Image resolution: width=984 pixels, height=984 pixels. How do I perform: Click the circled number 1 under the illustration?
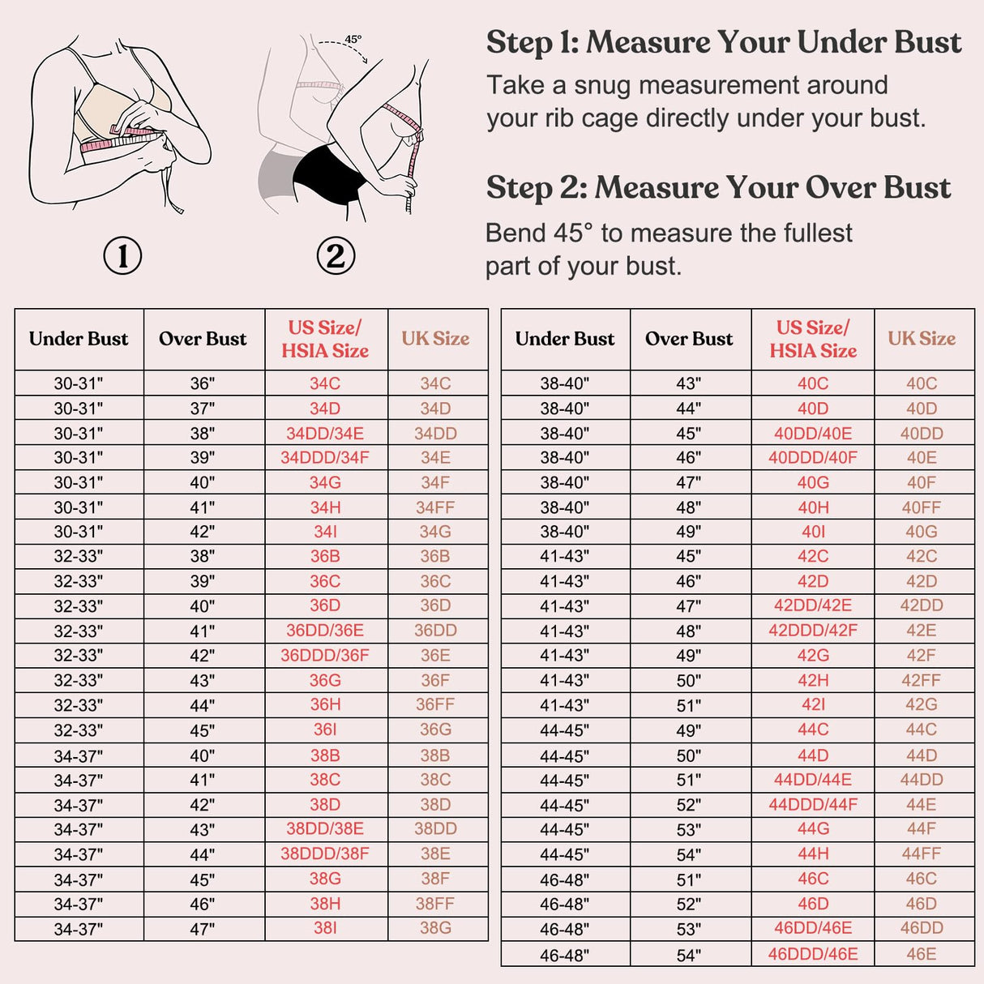pyautogui.click(x=122, y=256)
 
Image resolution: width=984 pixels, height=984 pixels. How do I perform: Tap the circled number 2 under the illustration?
pyautogui.click(x=336, y=256)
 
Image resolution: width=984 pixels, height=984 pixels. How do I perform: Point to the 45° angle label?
pyautogui.click(x=353, y=39)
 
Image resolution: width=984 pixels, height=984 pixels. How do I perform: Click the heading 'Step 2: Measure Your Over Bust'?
pyautogui.click(x=718, y=187)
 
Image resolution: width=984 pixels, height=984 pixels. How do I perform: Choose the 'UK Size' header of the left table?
pyautogui.click(x=435, y=339)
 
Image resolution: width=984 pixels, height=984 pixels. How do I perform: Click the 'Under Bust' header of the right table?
pyautogui.click(x=565, y=339)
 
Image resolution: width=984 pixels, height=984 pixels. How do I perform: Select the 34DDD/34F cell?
pyautogui.click(x=325, y=458)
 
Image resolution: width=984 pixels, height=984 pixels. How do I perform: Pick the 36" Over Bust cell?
pyautogui.click(x=203, y=384)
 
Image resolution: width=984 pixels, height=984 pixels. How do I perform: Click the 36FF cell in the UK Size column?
pyautogui.click(x=435, y=705)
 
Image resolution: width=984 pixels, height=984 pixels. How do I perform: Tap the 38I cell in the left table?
pyautogui.click(x=325, y=928)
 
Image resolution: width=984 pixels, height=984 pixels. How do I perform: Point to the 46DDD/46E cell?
pyautogui.click(x=813, y=954)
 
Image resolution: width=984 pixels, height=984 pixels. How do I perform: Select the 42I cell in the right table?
pyautogui.click(x=813, y=705)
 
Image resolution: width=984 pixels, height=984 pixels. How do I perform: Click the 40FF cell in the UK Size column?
pyautogui.click(x=922, y=507)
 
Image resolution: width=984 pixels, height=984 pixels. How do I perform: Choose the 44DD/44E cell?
pyautogui.click(x=813, y=780)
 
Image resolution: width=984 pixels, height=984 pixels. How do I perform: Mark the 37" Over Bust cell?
pyautogui.click(x=203, y=409)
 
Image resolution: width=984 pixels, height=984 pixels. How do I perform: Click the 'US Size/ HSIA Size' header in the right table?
pyautogui.click(x=813, y=339)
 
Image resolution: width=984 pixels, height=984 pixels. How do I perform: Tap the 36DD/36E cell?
pyautogui.click(x=325, y=631)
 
